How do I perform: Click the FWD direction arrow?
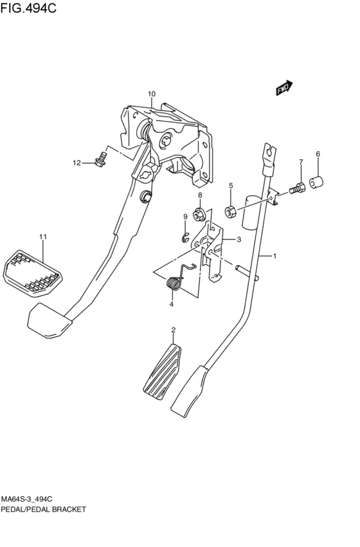click(284, 88)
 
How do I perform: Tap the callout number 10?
click(152, 94)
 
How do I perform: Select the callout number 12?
click(76, 163)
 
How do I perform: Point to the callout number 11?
click(43, 237)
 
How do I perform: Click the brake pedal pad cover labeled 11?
click(33, 273)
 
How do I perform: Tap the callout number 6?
click(318, 154)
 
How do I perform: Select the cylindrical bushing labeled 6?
click(316, 183)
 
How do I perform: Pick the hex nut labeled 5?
click(231, 211)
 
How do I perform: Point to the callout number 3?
click(239, 240)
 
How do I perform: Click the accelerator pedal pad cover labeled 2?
click(163, 372)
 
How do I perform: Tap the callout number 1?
click(274, 256)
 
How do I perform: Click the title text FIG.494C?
click(28, 8)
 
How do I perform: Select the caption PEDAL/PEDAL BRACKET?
click(43, 510)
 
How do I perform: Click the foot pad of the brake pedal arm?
click(49, 320)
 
